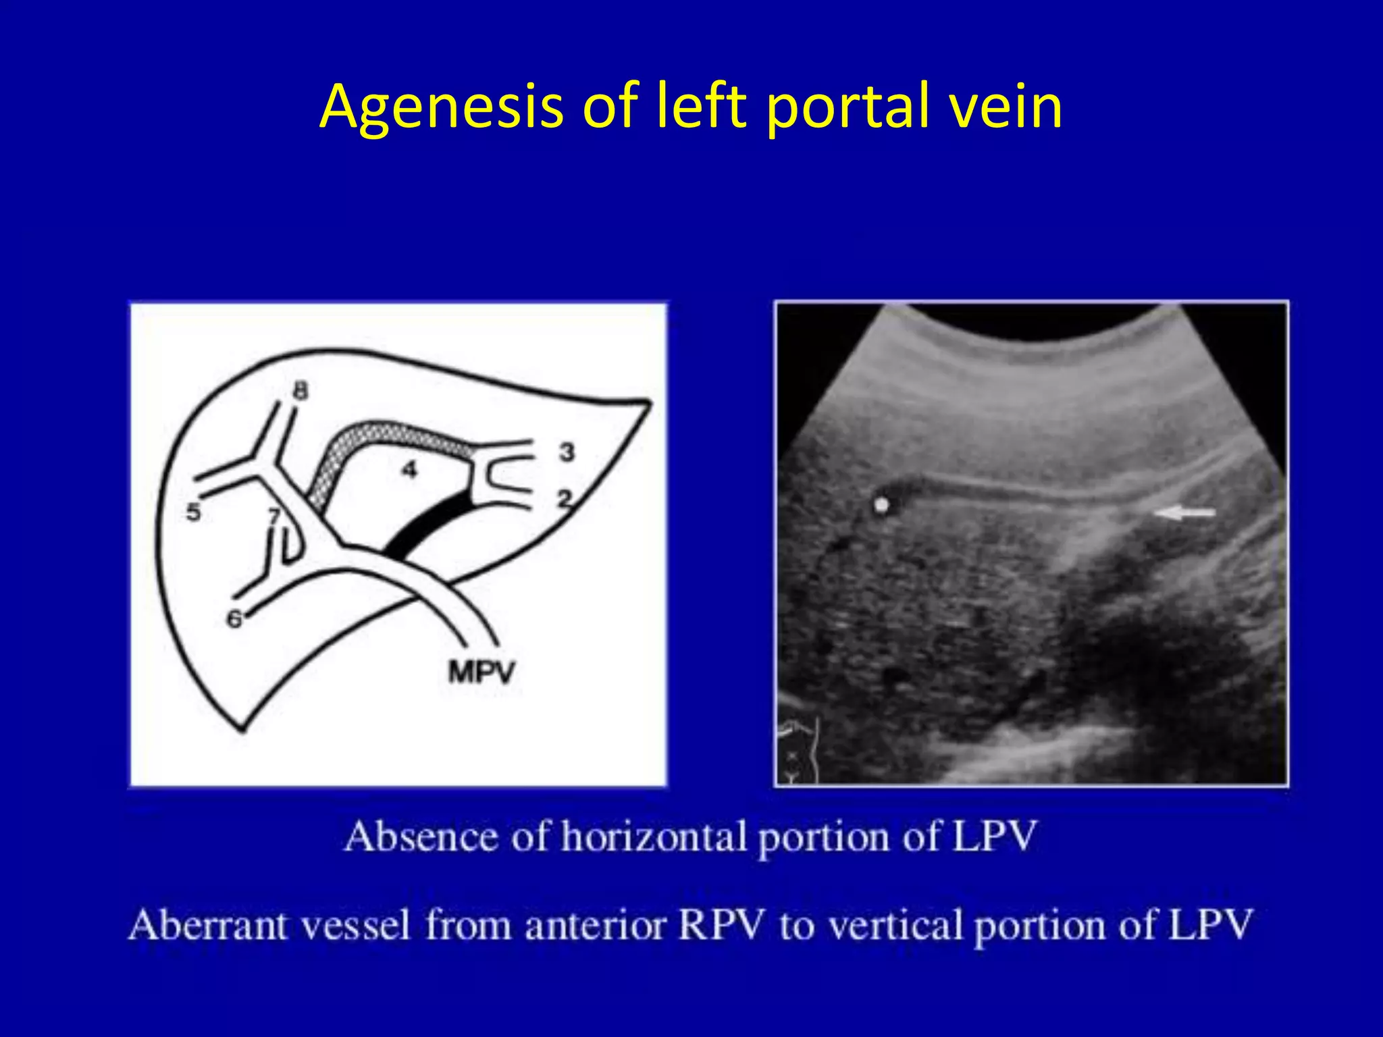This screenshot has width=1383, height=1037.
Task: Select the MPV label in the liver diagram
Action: pyautogui.click(x=481, y=672)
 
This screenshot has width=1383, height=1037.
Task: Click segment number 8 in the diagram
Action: pyautogui.click(x=301, y=390)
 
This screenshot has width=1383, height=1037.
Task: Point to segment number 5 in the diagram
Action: pyautogui.click(x=194, y=512)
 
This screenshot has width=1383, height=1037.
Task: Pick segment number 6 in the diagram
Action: pyautogui.click(x=234, y=618)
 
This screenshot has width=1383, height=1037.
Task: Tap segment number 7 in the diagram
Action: pyautogui.click(x=274, y=516)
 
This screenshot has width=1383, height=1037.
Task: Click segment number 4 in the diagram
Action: pyautogui.click(x=409, y=469)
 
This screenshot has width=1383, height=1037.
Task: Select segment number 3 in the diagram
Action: pyautogui.click(x=567, y=452)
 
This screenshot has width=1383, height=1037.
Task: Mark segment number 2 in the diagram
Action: pyautogui.click(x=565, y=499)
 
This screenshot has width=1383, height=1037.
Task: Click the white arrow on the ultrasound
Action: pyautogui.click(x=1184, y=513)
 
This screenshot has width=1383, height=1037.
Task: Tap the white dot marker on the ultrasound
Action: pyautogui.click(x=881, y=504)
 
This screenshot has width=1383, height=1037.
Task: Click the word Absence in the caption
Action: pyautogui.click(x=421, y=837)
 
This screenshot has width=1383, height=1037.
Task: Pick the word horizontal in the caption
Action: pyautogui.click(x=654, y=837)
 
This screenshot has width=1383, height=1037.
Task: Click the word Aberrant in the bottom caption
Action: pyautogui.click(x=208, y=925)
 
